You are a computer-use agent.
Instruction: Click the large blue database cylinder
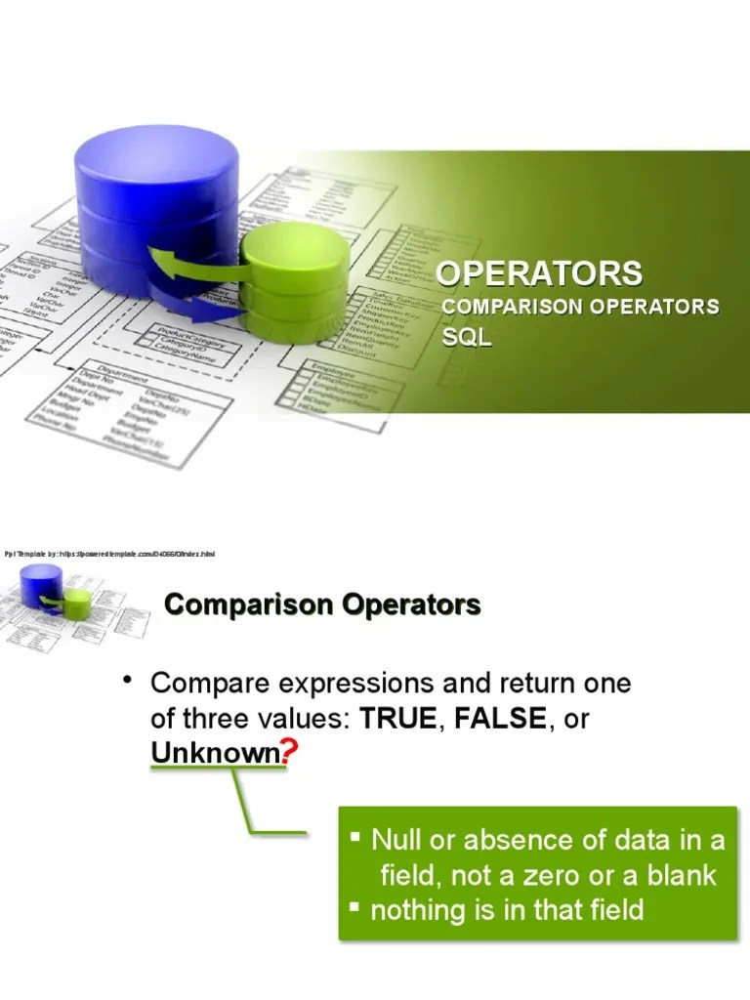(156, 195)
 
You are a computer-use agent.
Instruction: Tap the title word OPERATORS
(538, 272)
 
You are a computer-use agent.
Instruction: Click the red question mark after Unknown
(288, 753)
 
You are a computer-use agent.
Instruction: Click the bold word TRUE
(399, 720)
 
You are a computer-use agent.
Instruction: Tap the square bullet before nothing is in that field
(356, 908)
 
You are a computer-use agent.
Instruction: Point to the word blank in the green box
(680, 875)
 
